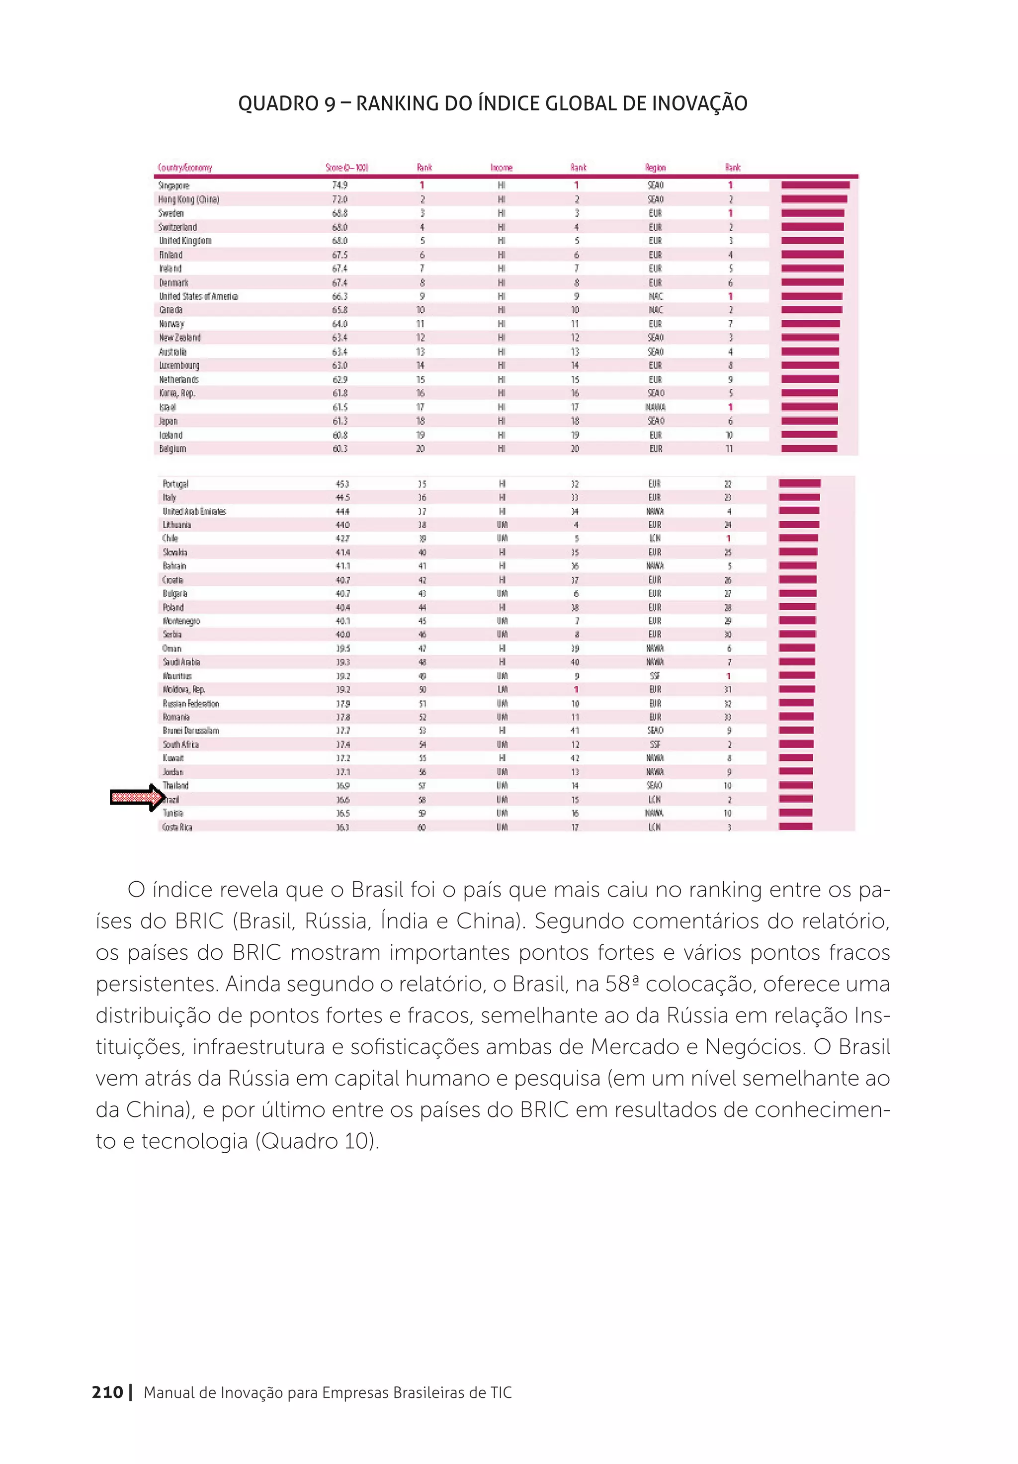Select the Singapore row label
click(173, 185)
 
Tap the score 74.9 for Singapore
click(340, 185)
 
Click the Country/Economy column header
click(184, 168)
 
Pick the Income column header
click(501, 168)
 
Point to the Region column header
click(655, 168)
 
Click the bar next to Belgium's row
click(808, 448)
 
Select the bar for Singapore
click(815, 185)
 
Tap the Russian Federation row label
click(190, 703)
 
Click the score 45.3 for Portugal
click(342, 484)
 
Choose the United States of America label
click(198, 296)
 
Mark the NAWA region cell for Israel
click(655, 407)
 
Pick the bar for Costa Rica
click(795, 826)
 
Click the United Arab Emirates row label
click(194, 511)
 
